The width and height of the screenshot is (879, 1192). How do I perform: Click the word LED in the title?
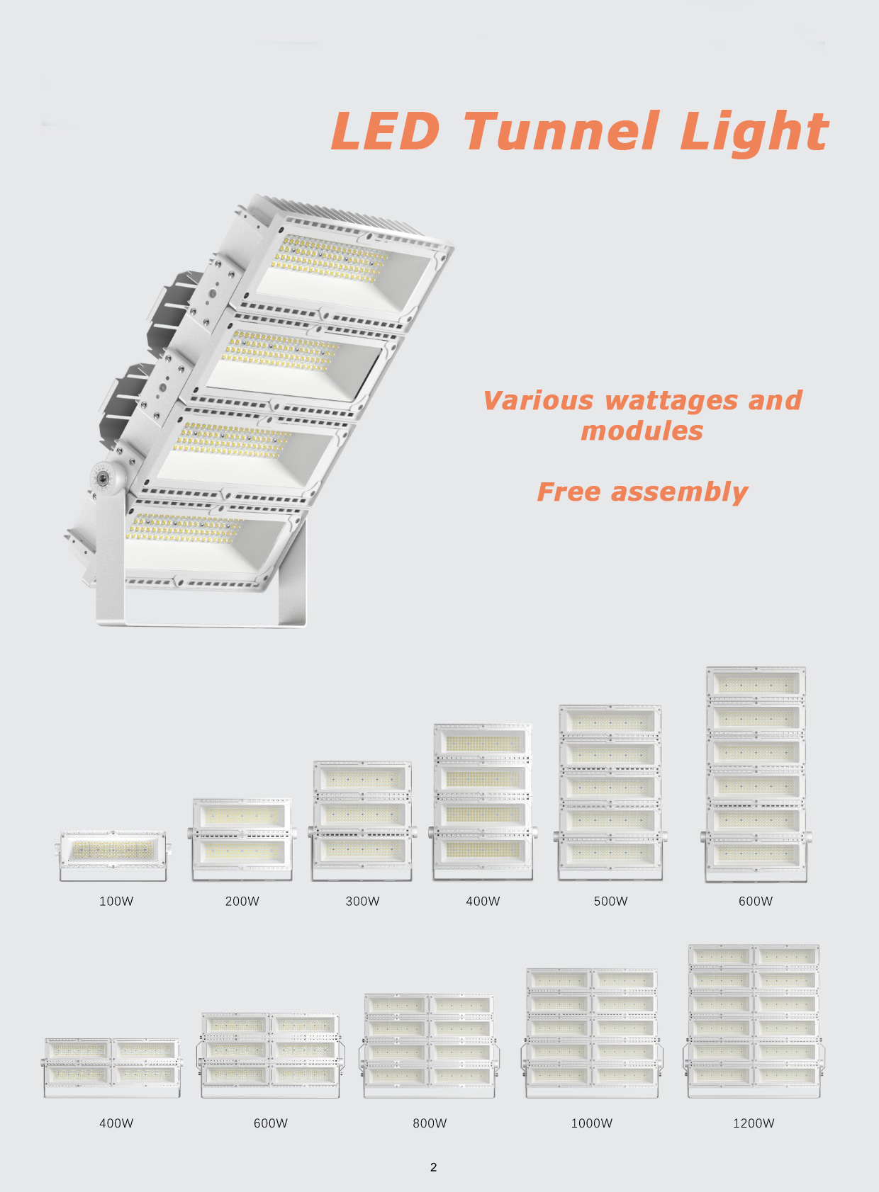coord(386,131)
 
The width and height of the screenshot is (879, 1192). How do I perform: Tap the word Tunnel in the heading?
coord(561,131)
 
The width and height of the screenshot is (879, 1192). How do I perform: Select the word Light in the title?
coord(754,133)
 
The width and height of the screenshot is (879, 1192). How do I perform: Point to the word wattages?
coord(671,400)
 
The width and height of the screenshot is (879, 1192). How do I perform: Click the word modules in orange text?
coord(642,431)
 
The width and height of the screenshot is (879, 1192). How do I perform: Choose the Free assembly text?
coord(642,492)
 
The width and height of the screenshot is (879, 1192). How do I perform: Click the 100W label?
coord(116,901)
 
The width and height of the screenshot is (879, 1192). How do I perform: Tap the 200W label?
coord(242,901)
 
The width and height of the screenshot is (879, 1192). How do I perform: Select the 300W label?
coord(362,901)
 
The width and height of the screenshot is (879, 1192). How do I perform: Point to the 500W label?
coord(610,901)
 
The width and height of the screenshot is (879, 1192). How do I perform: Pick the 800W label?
coord(430,1123)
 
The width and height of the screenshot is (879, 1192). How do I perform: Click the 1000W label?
coord(591,1123)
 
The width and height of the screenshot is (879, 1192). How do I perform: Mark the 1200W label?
coord(754,1123)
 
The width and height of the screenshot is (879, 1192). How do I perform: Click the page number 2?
coord(433,1167)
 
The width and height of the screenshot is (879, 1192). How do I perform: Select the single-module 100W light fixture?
coord(113,856)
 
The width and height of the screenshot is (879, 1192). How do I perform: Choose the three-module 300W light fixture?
coord(362,821)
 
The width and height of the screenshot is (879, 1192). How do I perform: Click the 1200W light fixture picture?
coord(754,1021)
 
